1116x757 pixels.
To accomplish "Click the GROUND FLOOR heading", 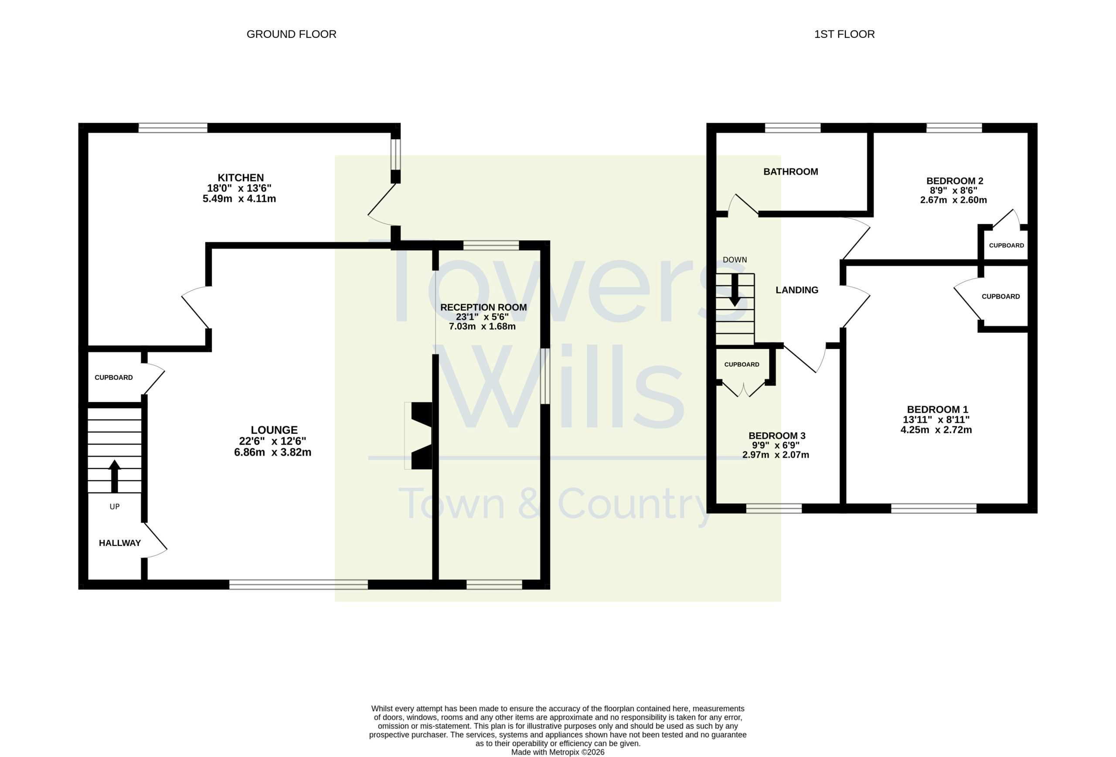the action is point(291,34).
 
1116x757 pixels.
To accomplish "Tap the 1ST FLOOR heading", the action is point(844,34).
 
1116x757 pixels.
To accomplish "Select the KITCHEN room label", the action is point(241,178).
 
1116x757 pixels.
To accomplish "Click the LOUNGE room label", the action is point(274,430).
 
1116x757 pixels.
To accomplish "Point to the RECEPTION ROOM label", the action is point(483,307).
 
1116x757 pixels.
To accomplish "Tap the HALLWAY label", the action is point(119,543).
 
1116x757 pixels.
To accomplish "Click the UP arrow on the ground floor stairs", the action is point(114,476).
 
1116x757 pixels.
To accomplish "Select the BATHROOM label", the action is point(790,171).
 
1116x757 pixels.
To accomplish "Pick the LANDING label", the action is point(796,290).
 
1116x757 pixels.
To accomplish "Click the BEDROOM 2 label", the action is point(955,181).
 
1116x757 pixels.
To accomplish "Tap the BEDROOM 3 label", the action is point(777,436).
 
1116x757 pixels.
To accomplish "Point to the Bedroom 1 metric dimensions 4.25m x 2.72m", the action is point(936,430).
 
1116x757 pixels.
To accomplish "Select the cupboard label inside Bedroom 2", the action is point(1007,245).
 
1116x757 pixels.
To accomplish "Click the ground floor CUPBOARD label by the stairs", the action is point(114,378).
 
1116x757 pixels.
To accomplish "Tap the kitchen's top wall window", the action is point(173,128).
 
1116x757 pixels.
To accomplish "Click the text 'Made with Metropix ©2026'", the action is point(558,752).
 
